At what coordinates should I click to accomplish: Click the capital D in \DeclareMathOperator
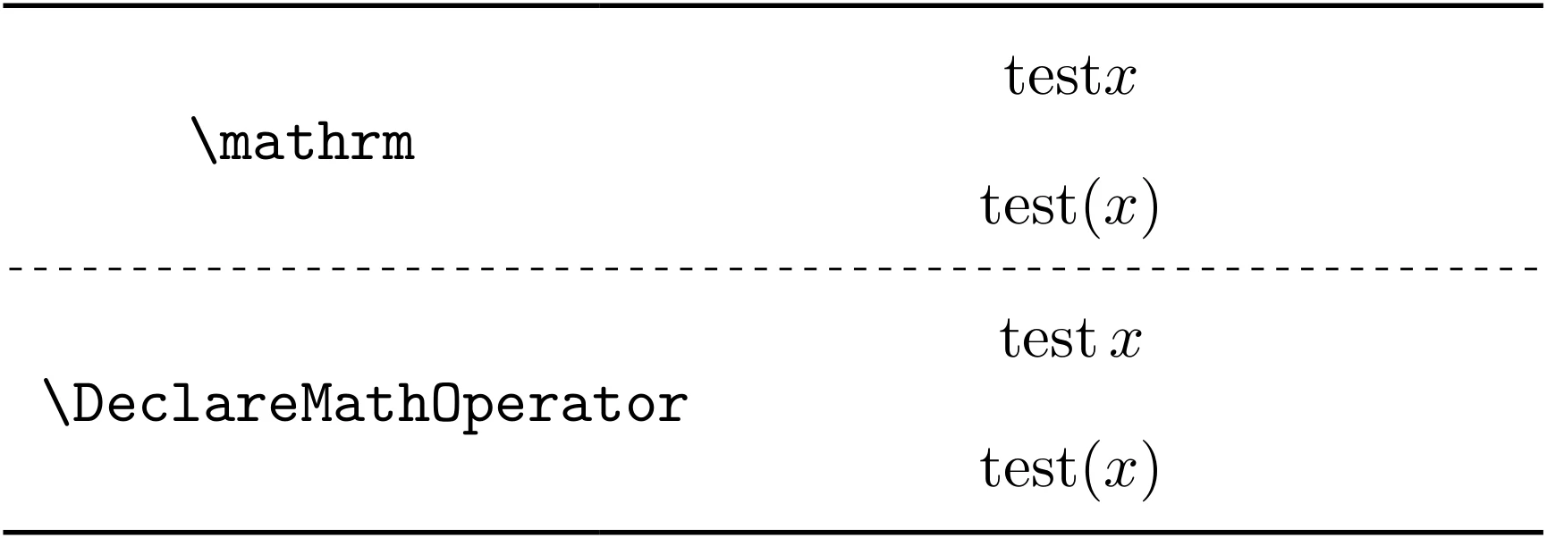pos(88,404)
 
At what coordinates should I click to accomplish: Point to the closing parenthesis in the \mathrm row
pos(1149,206)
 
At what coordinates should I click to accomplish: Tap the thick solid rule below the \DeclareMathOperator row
pos(773,533)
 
